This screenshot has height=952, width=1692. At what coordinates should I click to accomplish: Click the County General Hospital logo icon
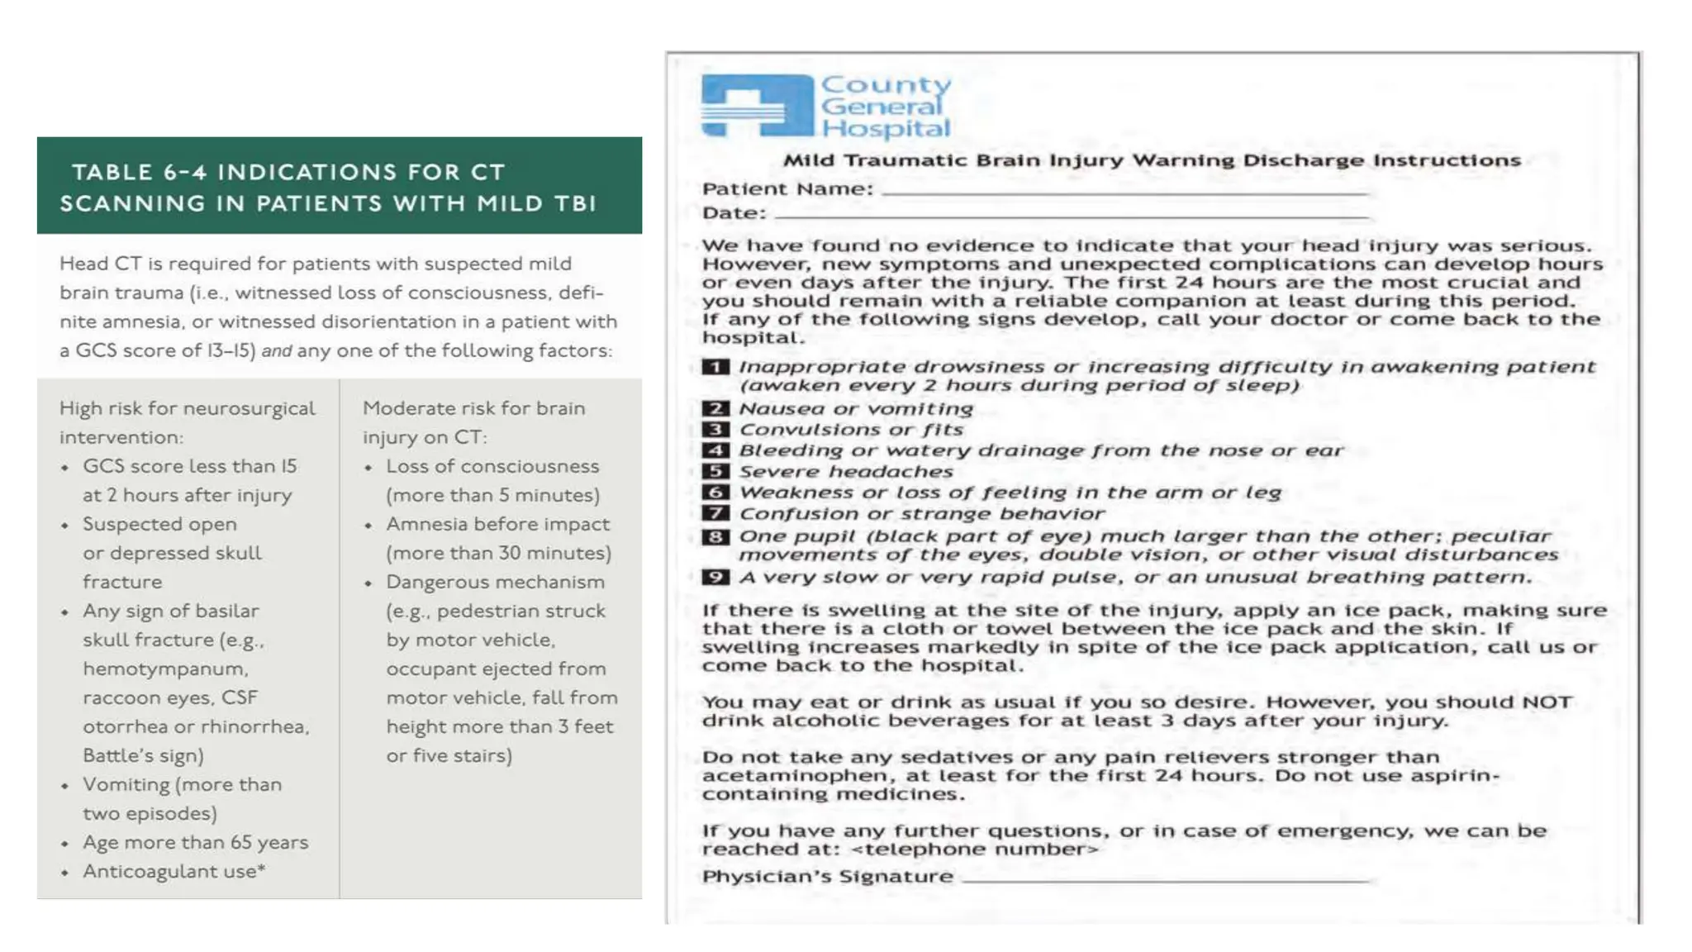pos(756,106)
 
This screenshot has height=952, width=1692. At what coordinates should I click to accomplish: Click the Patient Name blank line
pos(1124,192)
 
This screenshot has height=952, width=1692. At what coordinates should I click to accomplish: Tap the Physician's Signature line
pos(1165,879)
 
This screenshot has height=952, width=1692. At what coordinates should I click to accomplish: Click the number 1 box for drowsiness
pos(715,367)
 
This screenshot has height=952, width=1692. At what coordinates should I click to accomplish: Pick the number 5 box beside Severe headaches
pos(715,472)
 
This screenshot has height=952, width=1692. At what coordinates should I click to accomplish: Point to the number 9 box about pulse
pos(715,578)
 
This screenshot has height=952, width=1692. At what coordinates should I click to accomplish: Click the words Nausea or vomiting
pos(856,409)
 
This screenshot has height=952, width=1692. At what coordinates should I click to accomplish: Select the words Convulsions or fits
pos(851,430)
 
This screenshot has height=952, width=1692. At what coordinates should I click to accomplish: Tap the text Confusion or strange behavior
pos(921,514)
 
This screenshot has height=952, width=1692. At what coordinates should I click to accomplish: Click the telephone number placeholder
pos(975,850)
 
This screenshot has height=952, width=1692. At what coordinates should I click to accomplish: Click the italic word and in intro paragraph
pos(277,351)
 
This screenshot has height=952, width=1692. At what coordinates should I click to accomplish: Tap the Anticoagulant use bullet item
pos(173,872)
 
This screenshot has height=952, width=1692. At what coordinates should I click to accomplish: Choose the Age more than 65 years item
pos(195,843)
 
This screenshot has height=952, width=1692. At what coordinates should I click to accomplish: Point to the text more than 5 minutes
pos(492,496)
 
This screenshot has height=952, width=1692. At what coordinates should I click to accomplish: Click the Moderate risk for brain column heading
pos(473,409)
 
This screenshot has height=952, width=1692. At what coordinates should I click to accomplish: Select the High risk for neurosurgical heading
pos(187,409)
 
